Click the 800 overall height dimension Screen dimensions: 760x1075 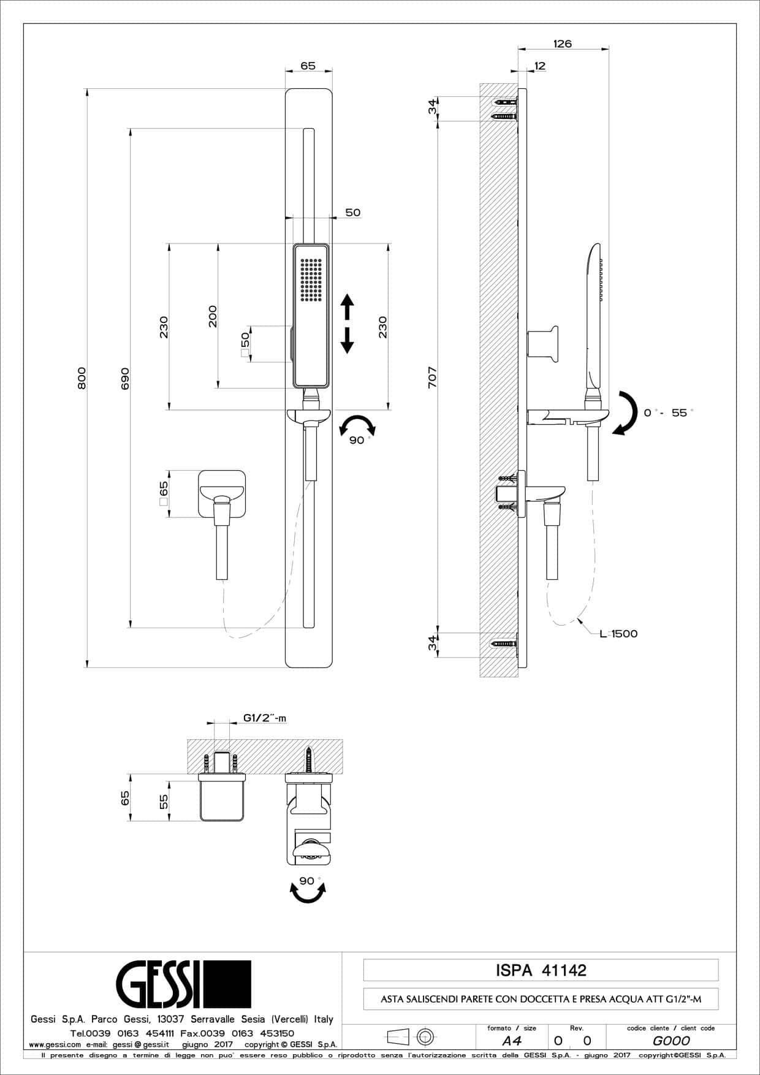coord(82,378)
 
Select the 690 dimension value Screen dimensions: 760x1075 coord(125,378)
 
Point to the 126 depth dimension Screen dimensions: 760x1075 coord(562,44)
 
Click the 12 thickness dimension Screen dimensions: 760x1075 coord(539,66)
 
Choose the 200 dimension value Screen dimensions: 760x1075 coord(213,316)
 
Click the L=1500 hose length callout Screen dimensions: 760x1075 coord(618,634)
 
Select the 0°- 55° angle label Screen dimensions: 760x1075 coord(669,412)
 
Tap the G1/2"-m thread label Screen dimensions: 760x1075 coord(265,718)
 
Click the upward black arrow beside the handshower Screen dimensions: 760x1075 coord(347,307)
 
